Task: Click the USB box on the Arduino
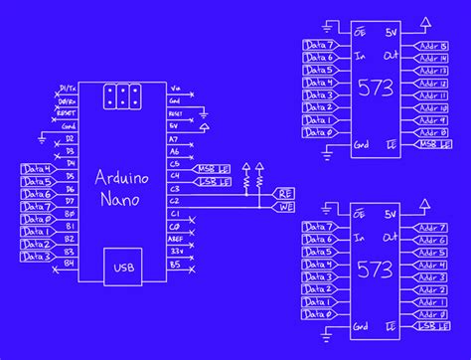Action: click(x=122, y=266)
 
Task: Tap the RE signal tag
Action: click(x=285, y=195)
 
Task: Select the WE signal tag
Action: click(x=285, y=208)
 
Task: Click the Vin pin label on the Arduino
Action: click(x=177, y=88)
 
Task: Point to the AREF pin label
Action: click(x=177, y=239)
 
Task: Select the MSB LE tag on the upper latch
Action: click(x=428, y=145)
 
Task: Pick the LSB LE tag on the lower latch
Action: click(x=428, y=327)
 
